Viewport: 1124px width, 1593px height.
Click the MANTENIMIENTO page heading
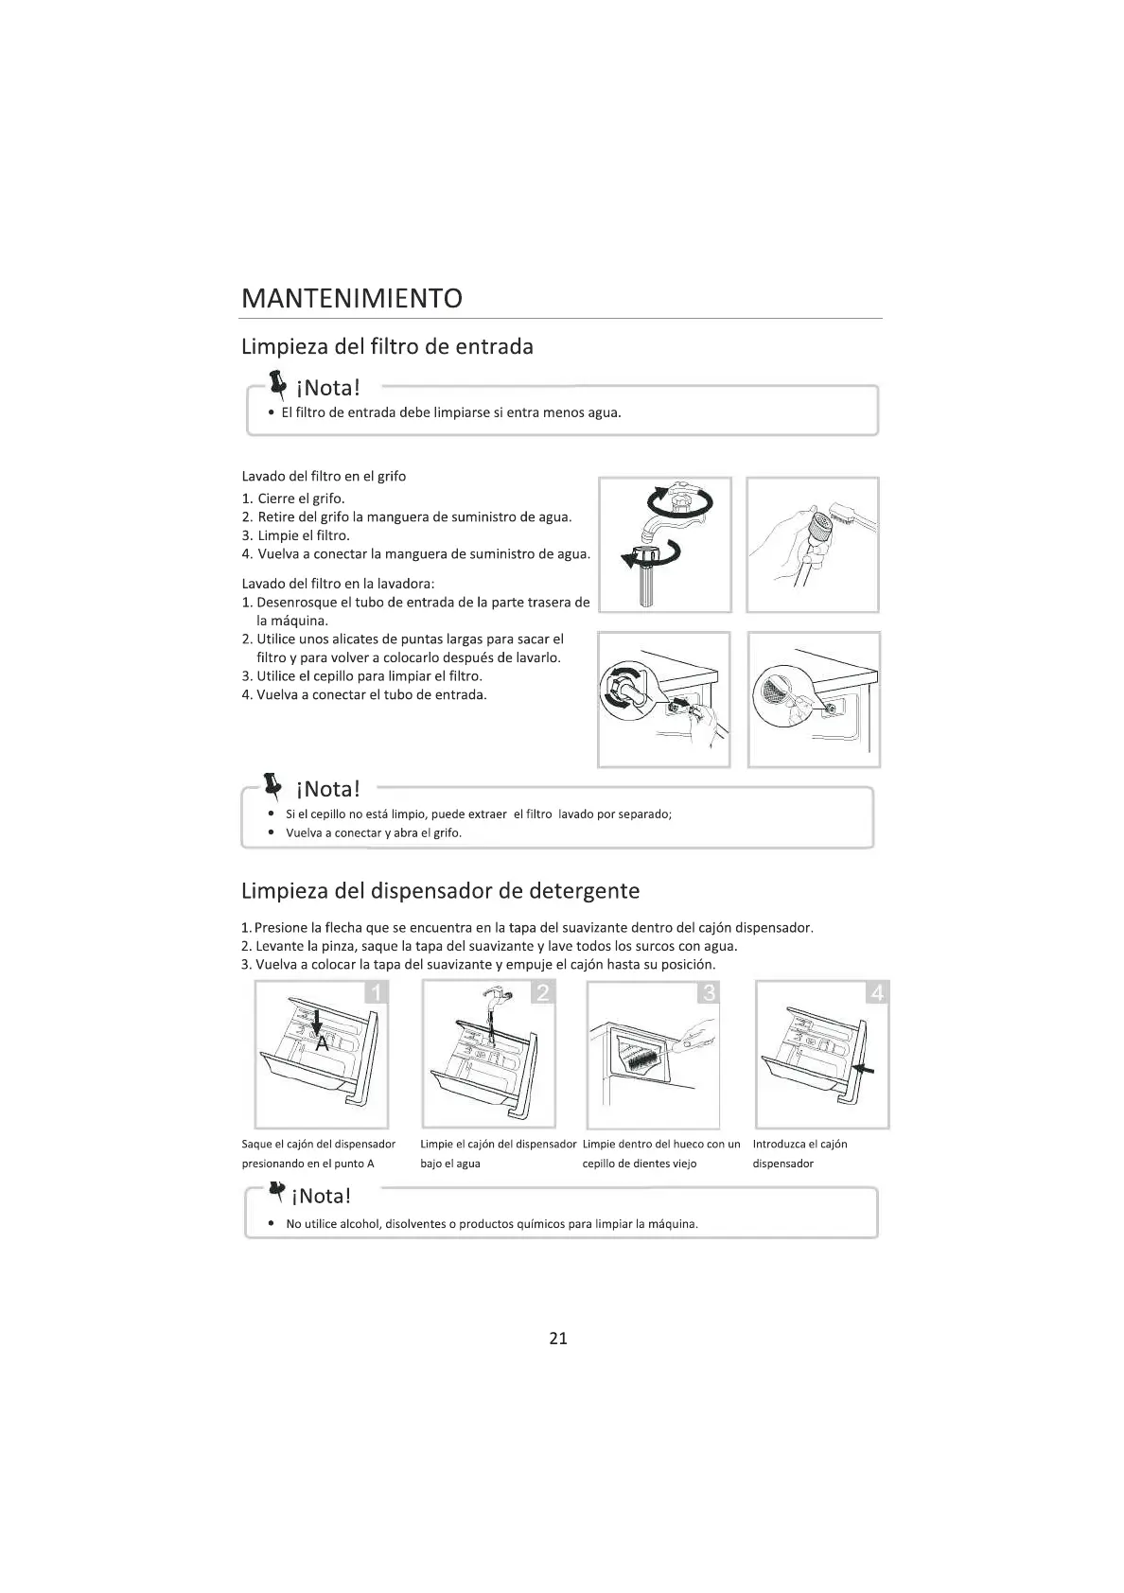click(352, 298)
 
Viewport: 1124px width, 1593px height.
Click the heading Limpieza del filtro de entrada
click(387, 346)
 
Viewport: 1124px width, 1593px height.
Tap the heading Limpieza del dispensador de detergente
click(440, 890)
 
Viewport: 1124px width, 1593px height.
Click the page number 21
click(558, 1338)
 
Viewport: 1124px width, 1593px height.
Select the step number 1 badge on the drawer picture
click(377, 992)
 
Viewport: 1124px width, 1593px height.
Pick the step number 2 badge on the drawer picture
click(543, 992)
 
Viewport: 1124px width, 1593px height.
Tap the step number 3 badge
click(708, 992)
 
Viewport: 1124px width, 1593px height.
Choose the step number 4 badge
click(877, 992)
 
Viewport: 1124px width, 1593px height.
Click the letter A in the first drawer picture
click(322, 1043)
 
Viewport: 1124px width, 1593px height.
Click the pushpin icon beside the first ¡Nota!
click(276, 383)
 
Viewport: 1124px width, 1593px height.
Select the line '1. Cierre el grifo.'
click(293, 499)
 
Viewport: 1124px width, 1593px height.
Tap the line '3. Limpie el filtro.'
click(295, 535)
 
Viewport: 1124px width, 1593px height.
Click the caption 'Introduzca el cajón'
click(799, 1144)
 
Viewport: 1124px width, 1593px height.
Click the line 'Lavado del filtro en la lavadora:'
click(338, 584)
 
